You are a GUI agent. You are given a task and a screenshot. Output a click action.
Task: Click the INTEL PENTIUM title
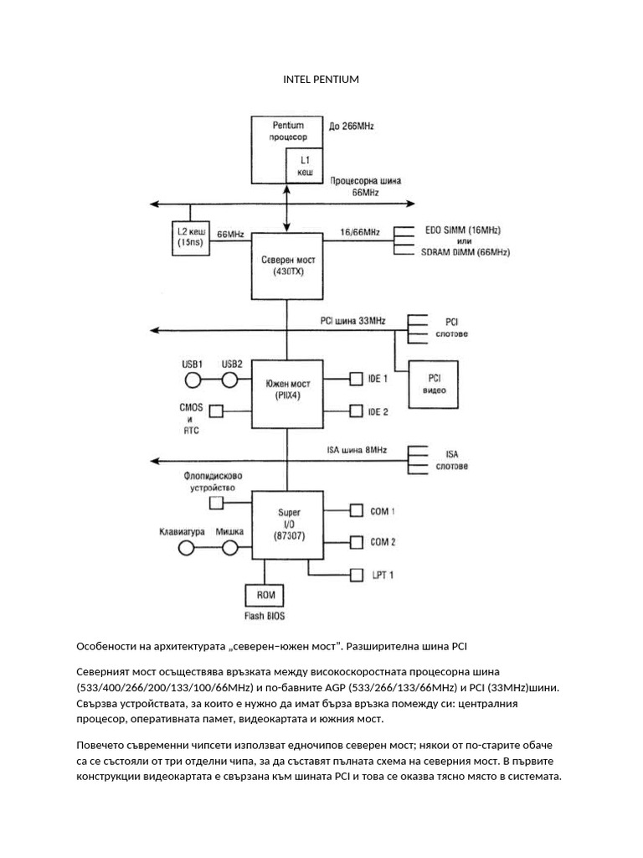pyautogui.click(x=321, y=80)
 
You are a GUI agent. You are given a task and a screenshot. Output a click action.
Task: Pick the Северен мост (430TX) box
pyautogui.click(x=287, y=266)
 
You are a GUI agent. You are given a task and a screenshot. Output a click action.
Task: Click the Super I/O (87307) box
pyautogui.click(x=287, y=526)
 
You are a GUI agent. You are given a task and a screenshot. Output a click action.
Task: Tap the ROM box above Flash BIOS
pyautogui.click(x=265, y=596)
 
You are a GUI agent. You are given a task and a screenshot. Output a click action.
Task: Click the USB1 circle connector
pyautogui.click(x=193, y=380)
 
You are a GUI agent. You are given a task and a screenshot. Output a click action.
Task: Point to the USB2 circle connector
pyautogui.click(x=231, y=380)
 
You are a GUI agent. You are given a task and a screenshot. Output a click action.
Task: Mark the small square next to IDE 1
pyautogui.click(x=356, y=380)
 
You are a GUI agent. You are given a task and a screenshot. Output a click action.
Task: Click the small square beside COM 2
pyautogui.click(x=356, y=542)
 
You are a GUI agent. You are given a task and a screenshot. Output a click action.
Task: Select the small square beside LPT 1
pyautogui.click(x=356, y=575)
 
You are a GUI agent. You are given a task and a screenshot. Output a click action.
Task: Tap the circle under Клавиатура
pyautogui.click(x=186, y=547)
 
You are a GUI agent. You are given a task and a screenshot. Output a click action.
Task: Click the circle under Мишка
pyautogui.click(x=231, y=547)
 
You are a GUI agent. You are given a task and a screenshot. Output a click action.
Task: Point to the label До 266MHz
pyautogui.click(x=352, y=127)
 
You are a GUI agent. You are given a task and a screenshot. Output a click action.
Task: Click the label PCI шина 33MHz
pyautogui.click(x=353, y=321)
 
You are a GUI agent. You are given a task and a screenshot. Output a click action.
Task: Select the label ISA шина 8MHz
pyautogui.click(x=357, y=450)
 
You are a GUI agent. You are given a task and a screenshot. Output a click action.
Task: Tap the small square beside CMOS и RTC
pyautogui.click(x=216, y=411)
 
